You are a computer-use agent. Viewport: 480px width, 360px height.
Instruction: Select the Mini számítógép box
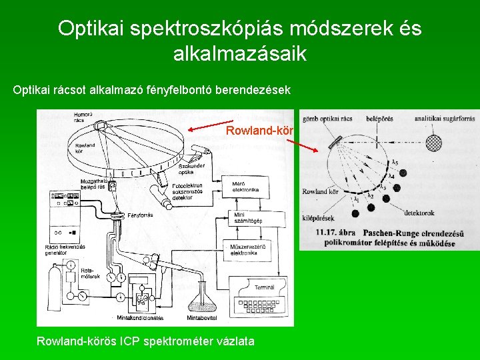(249, 218)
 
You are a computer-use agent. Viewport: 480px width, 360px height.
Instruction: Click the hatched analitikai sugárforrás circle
(434, 143)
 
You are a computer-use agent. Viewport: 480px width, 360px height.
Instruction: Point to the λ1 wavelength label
(357, 199)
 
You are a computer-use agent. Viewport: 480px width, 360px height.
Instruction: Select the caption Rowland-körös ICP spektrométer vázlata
(145, 341)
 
